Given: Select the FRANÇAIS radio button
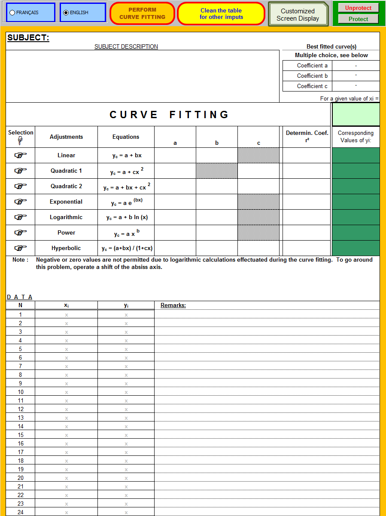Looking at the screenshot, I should pos(12,13).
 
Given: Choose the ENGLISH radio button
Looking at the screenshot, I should pos(66,13).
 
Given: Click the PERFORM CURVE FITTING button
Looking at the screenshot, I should pos(142,13).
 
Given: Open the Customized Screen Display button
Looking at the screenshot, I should pos(298,15).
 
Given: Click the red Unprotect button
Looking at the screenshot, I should pos(358,8).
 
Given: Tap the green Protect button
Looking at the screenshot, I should pos(358,19).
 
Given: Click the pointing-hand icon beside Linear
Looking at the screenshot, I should pos(20,155).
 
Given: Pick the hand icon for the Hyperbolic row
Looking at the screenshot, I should pos(20,248).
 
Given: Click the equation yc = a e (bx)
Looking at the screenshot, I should pos(126,202).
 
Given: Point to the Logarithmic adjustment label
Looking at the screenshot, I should pos(66,217).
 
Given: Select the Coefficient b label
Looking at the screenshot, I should pos(312,76).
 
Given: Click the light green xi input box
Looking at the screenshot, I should pos(356,114).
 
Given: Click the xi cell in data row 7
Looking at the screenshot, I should pos(66,366).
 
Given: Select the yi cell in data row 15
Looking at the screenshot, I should pos(126,435).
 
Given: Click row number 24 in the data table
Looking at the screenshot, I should pos(21,512).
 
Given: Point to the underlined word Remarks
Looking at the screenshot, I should pos(173,305).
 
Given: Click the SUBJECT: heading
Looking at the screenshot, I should pos(28,38).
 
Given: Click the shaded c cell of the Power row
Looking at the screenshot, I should pos(258,232).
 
